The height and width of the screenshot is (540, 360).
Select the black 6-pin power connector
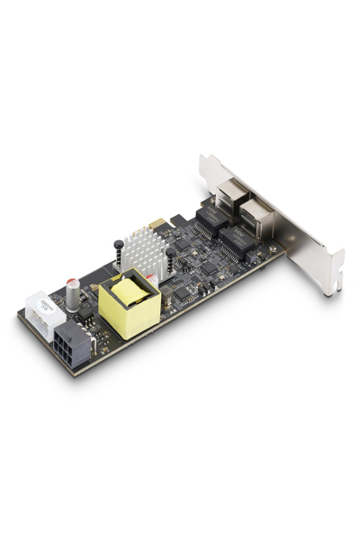pos(72,346)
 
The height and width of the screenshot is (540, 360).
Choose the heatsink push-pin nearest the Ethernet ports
pos(169,262)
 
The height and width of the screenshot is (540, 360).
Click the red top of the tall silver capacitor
pos(72,282)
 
